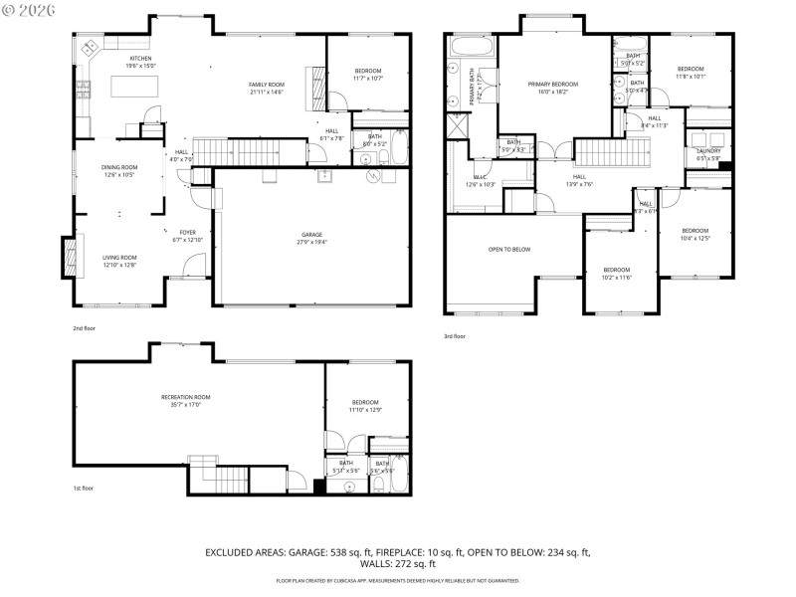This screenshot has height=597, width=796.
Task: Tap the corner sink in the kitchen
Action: pyautogui.click(x=89, y=47)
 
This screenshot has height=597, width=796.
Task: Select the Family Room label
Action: pyautogui.click(x=266, y=85)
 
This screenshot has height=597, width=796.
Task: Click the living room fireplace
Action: pyautogui.click(x=69, y=257)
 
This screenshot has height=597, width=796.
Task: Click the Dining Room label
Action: pyautogui.click(x=118, y=167)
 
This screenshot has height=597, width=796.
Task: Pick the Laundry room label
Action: pyautogui.click(x=708, y=150)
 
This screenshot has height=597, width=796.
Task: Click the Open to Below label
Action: pyautogui.click(x=507, y=249)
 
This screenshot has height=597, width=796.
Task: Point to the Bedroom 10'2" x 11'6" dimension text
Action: pyautogui.click(x=617, y=277)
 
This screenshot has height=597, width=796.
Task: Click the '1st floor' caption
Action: pyautogui.click(x=84, y=488)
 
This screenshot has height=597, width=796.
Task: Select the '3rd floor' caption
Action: pyautogui.click(x=454, y=336)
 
